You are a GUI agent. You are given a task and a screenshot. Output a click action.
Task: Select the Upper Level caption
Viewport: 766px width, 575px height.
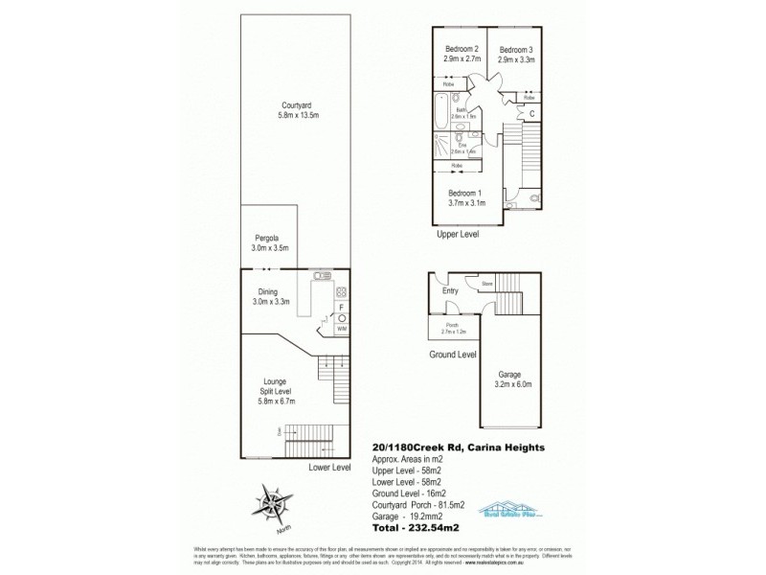(x=456, y=234)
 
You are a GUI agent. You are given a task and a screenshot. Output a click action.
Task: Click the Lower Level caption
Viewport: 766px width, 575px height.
(x=329, y=468)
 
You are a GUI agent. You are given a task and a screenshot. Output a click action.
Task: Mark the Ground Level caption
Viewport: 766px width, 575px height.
(x=454, y=354)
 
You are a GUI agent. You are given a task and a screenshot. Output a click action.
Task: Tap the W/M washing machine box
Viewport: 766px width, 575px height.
(x=342, y=329)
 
